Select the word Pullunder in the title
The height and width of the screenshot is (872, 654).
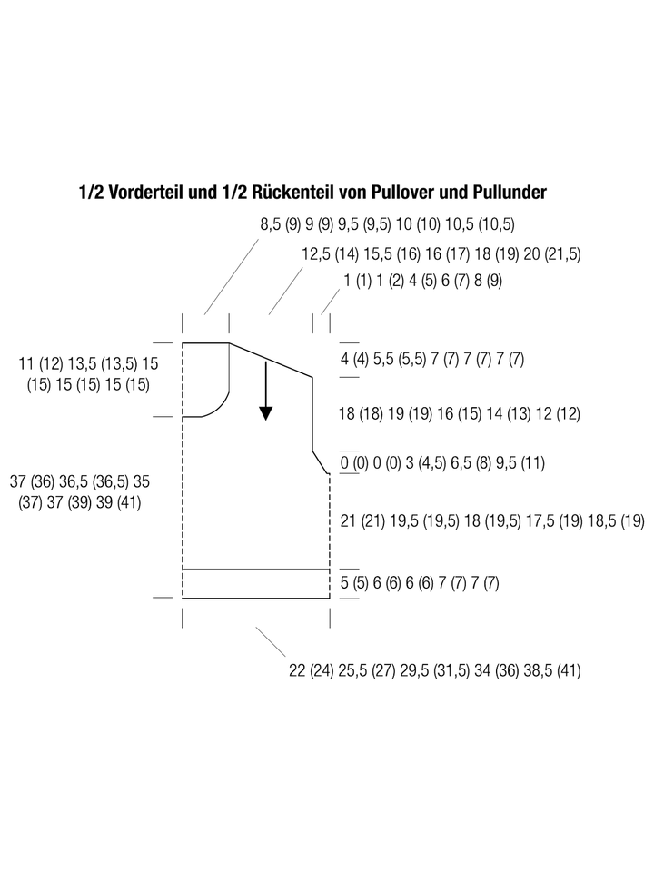coord(510,193)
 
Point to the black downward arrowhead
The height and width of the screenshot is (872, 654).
coord(266,413)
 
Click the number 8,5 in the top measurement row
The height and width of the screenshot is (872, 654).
coord(271,224)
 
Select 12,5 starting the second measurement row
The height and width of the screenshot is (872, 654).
coord(316,254)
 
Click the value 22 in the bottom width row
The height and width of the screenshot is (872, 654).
coord(297,670)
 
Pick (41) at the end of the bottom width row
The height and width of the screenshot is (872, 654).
coord(569,670)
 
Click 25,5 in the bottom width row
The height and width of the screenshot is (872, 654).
coord(352,670)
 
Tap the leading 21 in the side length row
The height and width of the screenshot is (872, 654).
coord(348,521)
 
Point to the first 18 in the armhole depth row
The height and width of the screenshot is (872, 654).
coord(347,414)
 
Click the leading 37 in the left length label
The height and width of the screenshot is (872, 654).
coord(18,481)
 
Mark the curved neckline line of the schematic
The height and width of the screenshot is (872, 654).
coord(222,405)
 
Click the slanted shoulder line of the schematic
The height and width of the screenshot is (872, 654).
coord(271,361)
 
